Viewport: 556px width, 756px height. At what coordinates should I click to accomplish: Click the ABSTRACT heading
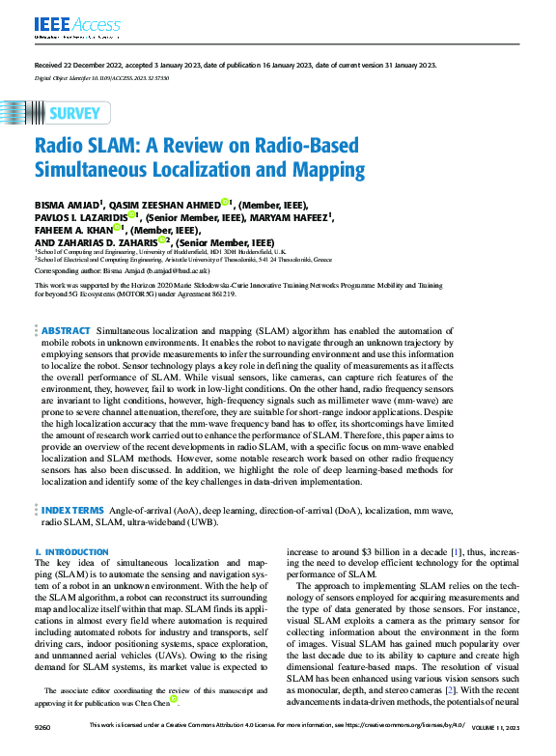67,330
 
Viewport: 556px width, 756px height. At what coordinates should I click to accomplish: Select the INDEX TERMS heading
74,508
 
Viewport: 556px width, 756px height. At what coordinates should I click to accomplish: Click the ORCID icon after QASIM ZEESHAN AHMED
224,203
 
